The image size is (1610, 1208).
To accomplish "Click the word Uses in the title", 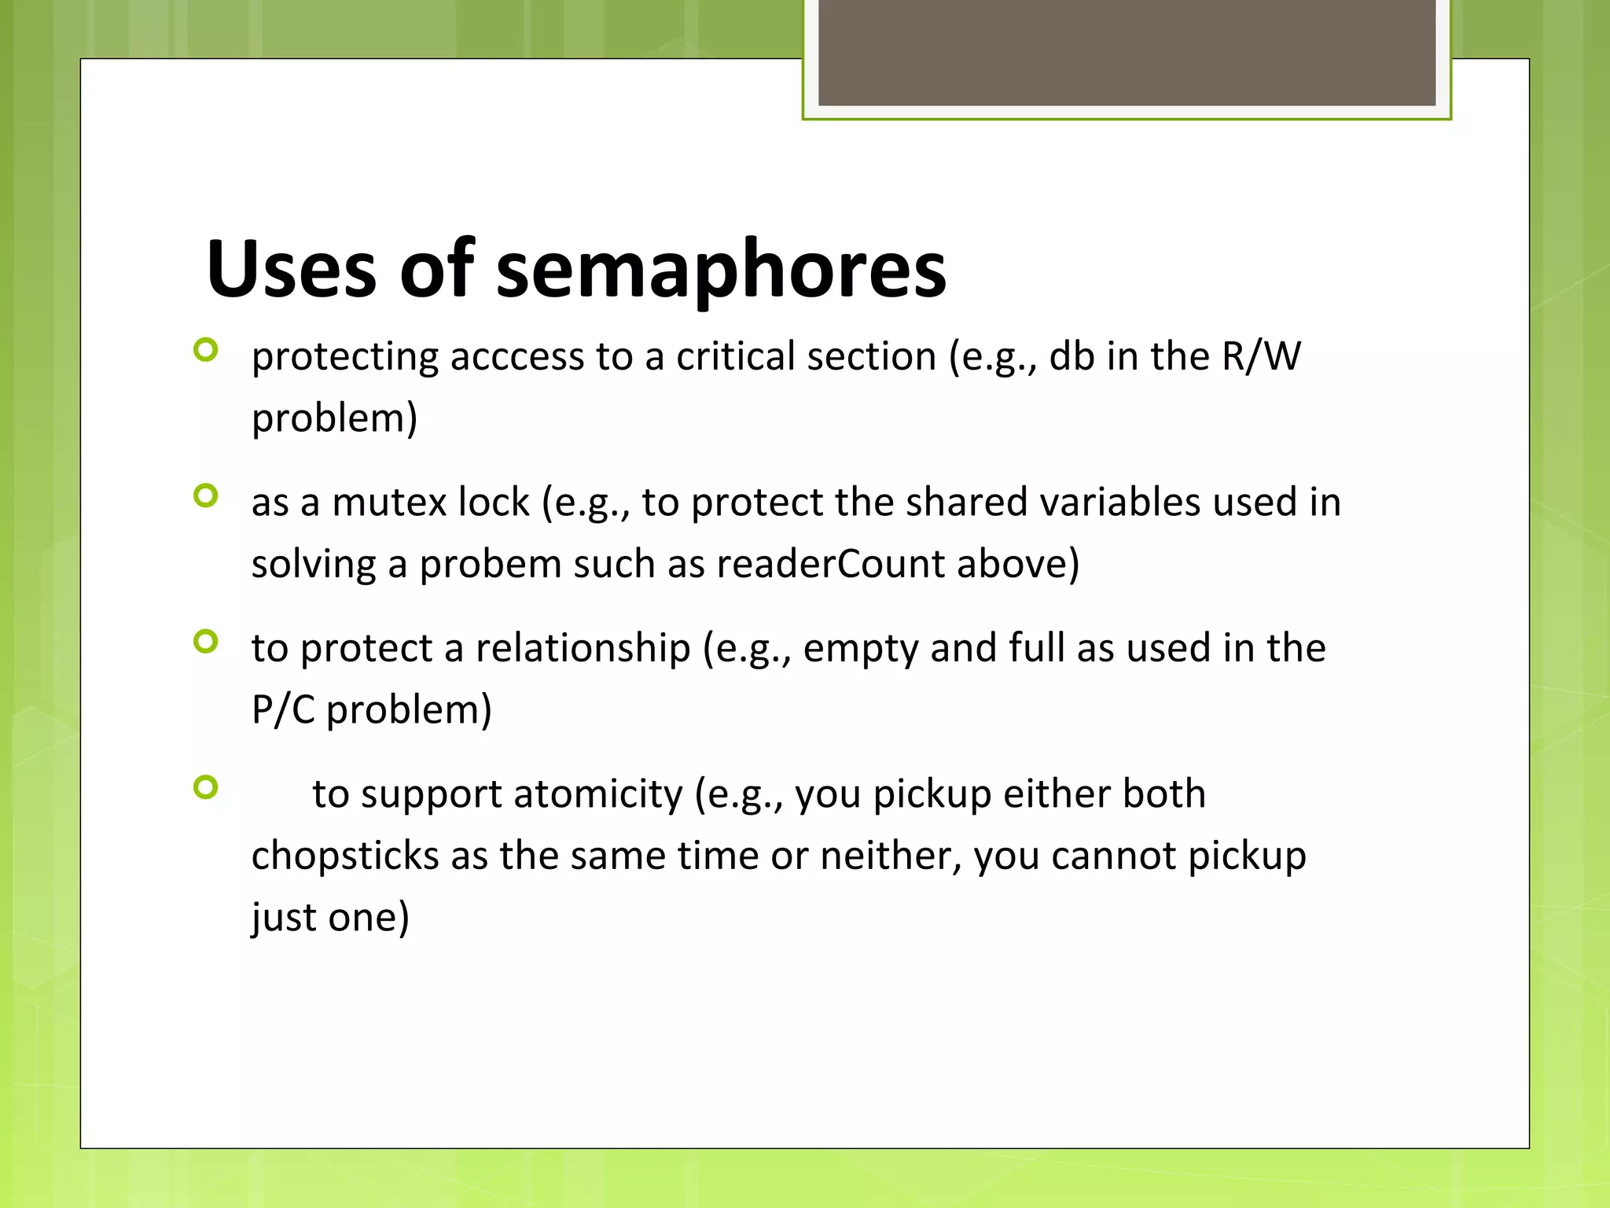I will pyautogui.click(x=291, y=269).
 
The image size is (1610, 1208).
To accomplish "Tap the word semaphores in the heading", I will pyautogui.click(x=721, y=269).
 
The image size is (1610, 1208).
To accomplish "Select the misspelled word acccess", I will pyautogui.click(x=516, y=356).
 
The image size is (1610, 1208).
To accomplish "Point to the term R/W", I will pyautogui.click(x=1261, y=356).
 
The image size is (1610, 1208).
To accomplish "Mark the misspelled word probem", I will pyautogui.click(x=490, y=564).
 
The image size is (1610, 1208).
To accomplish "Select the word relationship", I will pyautogui.click(x=583, y=648).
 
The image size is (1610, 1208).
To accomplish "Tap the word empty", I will pyautogui.click(x=860, y=650).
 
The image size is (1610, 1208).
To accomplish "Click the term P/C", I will pyautogui.click(x=283, y=709).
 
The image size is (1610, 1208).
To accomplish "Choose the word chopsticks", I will pyautogui.click(x=345, y=856).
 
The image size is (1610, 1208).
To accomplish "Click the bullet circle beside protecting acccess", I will pyautogui.click(x=205, y=350).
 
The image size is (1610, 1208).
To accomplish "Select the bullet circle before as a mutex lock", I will pyautogui.click(x=205, y=495).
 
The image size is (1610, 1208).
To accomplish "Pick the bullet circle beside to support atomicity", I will pyautogui.click(x=205, y=787).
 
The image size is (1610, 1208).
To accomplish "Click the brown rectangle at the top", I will pyautogui.click(x=1127, y=53).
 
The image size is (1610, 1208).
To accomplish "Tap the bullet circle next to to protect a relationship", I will pyautogui.click(x=205, y=642).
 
